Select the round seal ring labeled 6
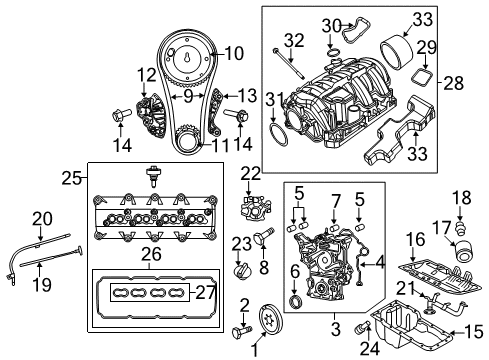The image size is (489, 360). click(297, 303)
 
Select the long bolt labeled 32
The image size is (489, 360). click(284, 58)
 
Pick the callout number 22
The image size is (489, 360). click(249, 174)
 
